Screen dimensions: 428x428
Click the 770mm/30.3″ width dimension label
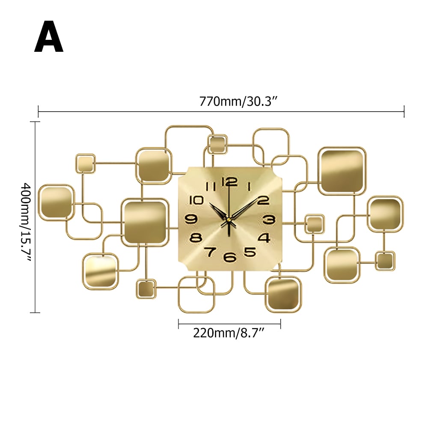point(239,102)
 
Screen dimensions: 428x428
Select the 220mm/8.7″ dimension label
point(230,333)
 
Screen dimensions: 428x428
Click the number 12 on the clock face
point(229,181)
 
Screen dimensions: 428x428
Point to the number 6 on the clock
point(230,257)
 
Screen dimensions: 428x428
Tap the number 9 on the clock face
point(191,219)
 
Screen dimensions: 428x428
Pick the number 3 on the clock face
point(268,220)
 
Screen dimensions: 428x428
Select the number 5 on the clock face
point(250,252)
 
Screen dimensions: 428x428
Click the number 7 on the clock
point(210,252)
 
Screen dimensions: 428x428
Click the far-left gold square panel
point(56,202)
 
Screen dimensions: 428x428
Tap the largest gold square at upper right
point(342,171)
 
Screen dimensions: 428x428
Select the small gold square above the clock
point(217,144)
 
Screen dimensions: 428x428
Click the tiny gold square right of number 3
point(314,224)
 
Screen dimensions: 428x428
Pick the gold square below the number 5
point(283,294)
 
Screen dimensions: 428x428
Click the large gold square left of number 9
point(145,222)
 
